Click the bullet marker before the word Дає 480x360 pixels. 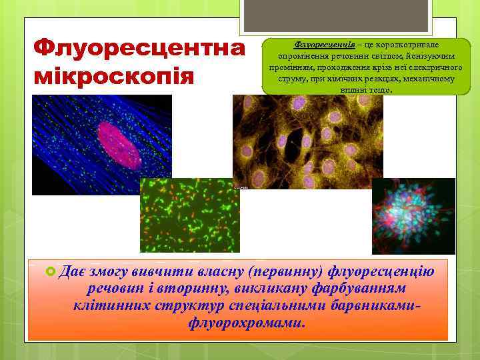click(x=49, y=271)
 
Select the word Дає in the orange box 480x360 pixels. click(x=72, y=271)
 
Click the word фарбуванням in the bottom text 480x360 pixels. click(x=357, y=289)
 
